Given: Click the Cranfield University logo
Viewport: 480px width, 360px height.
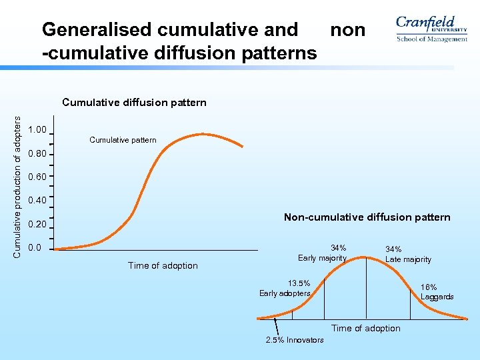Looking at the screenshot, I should pos(431,29).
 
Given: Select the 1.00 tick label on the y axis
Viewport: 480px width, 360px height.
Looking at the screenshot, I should pos(37,129).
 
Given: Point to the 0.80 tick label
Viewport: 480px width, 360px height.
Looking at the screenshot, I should pos(37,154).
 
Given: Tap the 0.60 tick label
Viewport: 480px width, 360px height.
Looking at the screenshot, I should pos(37,177).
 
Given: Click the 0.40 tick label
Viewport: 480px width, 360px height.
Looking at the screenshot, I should pos(37,201).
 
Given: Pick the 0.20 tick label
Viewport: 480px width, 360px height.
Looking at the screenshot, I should pos(37,225).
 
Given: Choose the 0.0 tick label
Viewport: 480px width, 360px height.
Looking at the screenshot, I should pos(35,248).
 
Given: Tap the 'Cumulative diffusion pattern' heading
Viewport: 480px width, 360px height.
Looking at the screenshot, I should pos(134,103).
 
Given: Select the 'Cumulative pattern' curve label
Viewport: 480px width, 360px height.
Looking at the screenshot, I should pos(123,140).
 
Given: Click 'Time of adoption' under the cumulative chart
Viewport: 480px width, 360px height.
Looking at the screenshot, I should pos(163,265).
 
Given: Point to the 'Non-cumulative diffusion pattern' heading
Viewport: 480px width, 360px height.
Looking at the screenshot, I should pos(367,217).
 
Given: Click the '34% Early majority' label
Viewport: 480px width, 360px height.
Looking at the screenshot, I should pos(323,253).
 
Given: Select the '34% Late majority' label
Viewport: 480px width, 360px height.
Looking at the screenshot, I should pos(408,255).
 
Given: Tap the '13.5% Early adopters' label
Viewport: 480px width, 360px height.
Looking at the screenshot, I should pos(285,288).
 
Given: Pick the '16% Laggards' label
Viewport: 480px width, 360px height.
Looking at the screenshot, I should pos(437,292).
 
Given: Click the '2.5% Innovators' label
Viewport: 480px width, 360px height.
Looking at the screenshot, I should pos(294,340).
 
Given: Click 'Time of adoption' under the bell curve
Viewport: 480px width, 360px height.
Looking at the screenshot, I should pos(366,328).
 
